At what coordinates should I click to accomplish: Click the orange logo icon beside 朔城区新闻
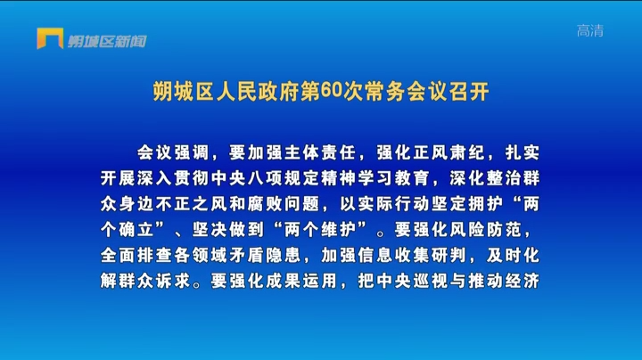pos(50,38)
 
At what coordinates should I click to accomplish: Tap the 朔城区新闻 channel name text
pos(107,41)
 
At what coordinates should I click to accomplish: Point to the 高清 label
pos(590,30)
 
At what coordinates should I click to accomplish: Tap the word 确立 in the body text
pos(136,230)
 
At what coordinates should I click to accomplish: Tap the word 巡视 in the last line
pos(431,281)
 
